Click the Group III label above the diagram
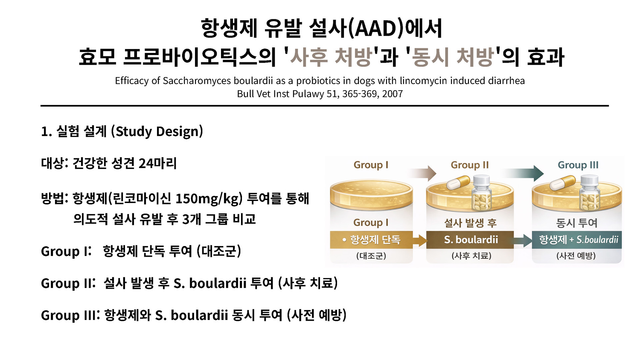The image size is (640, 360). tap(578, 165)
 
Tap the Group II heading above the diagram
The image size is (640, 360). tap(470, 165)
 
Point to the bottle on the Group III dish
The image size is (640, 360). tap(590, 193)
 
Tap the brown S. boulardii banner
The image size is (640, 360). tap(470, 240)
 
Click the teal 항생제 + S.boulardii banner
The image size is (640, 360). tap(577, 240)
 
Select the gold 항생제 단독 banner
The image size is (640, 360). tap(371, 240)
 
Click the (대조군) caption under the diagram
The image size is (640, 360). tap(371, 256)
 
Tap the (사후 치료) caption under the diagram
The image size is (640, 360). tap(471, 256)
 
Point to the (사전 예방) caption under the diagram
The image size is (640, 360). tap(576, 256)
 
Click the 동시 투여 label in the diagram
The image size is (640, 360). tap(577, 223)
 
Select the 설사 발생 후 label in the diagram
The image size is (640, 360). tap(470, 223)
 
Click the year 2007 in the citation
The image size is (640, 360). tap(392, 94)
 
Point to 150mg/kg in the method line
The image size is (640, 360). tap(207, 199)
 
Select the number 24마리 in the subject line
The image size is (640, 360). tap(157, 163)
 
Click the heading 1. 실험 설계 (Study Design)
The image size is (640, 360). tap(122, 132)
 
